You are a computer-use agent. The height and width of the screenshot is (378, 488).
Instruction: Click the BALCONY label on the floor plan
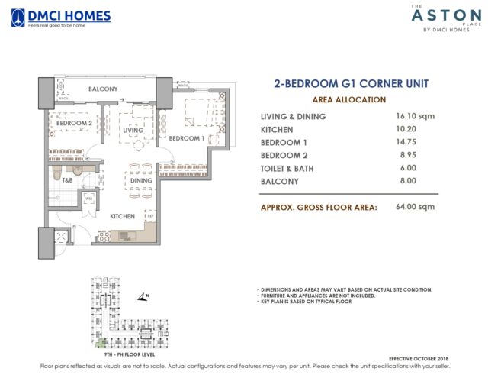tap(102, 89)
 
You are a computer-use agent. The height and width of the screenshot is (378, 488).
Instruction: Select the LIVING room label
tap(134, 131)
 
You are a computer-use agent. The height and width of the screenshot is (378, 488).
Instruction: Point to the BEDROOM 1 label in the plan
tap(186, 138)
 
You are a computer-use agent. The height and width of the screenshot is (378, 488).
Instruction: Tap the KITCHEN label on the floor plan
tap(122, 216)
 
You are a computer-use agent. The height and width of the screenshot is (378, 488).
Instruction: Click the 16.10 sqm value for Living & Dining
tap(412, 116)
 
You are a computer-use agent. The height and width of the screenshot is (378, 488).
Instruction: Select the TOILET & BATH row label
tap(287, 168)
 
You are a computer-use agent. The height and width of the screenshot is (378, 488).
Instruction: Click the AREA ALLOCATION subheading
tap(349, 99)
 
